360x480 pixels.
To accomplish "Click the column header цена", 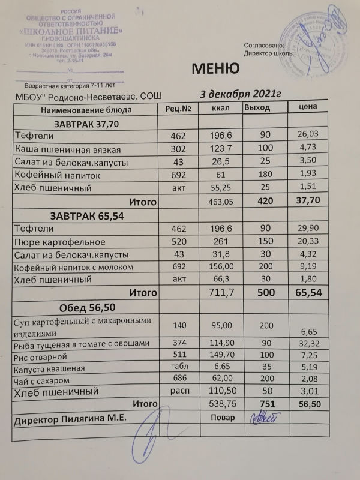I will (x=307, y=107).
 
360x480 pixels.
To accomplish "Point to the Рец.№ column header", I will (x=178, y=109).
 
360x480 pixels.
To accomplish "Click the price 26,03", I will (x=307, y=136).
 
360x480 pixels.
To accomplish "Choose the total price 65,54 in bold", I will (x=308, y=293).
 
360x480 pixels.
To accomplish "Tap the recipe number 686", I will (x=178, y=380).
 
